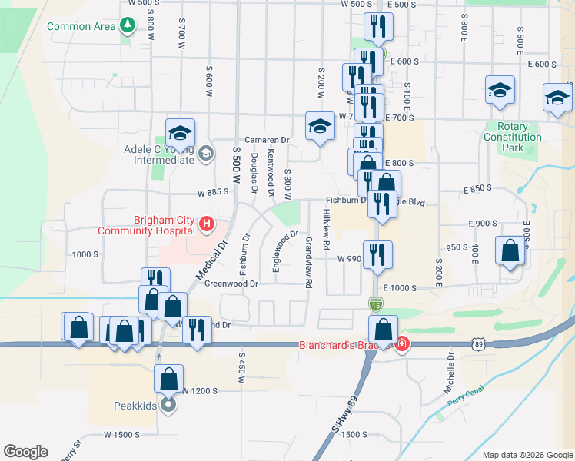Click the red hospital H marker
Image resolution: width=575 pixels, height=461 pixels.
click(206, 224)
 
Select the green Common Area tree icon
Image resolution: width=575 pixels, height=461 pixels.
click(127, 26)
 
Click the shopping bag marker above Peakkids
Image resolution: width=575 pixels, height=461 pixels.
click(168, 378)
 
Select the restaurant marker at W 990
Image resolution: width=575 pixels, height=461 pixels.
click(377, 254)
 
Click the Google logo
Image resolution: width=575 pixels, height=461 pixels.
click(25, 451)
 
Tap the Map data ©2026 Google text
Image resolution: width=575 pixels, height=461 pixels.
click(527, 455)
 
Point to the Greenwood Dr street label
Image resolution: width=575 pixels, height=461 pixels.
click(231, 284)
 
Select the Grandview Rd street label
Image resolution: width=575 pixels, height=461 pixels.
click(308, 262)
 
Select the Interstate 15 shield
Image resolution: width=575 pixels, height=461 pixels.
click(374, 304)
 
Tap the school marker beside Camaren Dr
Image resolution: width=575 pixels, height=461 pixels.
click(319, 126)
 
